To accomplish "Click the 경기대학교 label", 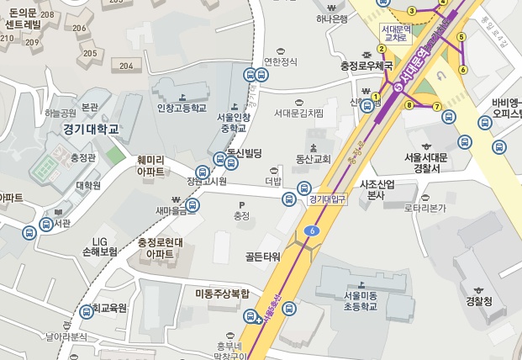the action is pos(91,130).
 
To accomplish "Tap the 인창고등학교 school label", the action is pos(182,109).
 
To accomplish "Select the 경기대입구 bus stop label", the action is pos(327,199).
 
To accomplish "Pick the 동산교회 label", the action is pos(314,158).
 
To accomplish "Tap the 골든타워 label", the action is pos(262,256).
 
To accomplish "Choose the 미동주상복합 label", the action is pos(223,294).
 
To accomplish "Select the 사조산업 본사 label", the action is pos(377,189).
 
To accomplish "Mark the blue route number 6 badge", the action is pos(313,230).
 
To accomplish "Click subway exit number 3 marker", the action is pos(412,11).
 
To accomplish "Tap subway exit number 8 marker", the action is pos(409,105).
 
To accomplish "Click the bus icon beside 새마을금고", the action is pos(192,205).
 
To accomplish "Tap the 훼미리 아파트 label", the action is pos(150,164).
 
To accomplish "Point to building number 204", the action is pos(127,66).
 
